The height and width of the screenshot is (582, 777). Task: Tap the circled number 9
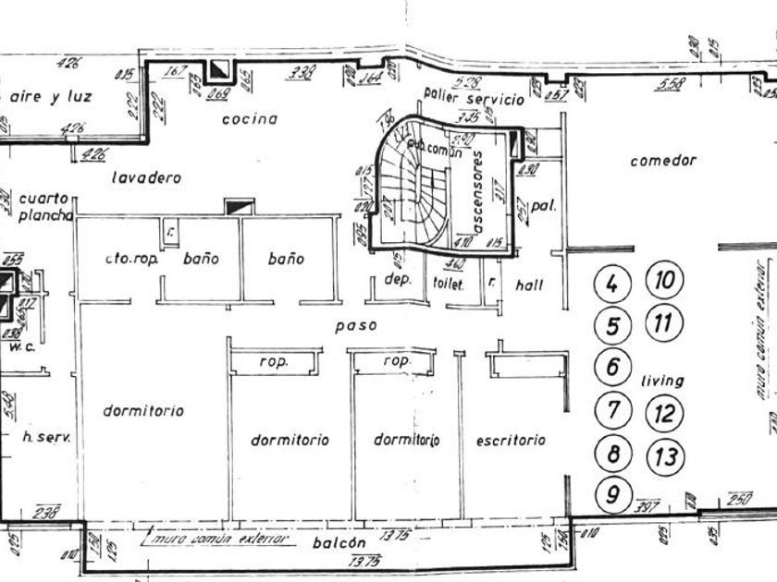(x=611, y=495)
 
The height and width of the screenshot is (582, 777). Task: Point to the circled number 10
(x=664, y=281)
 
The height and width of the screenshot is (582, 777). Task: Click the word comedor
(x=662, y=161)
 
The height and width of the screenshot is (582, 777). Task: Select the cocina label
(x=250, y=118)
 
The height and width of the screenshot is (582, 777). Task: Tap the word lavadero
(x=146, y=177)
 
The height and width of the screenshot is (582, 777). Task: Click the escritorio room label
(x=511, y=441)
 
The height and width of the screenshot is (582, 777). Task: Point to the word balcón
(x=339, y=543)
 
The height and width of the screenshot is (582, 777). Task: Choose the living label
(x=662, y=380)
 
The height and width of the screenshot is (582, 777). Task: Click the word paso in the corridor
(x=358, y=325)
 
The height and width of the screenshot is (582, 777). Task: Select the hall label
(x=530, y=285)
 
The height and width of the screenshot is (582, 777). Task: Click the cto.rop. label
(x=132, y=260)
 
